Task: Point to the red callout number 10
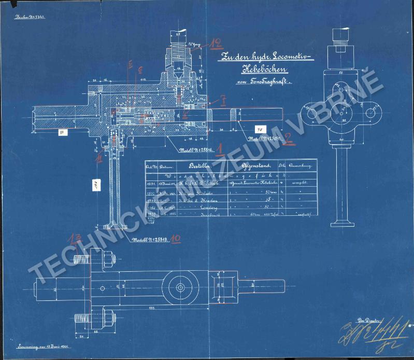176,239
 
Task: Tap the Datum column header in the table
166,167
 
